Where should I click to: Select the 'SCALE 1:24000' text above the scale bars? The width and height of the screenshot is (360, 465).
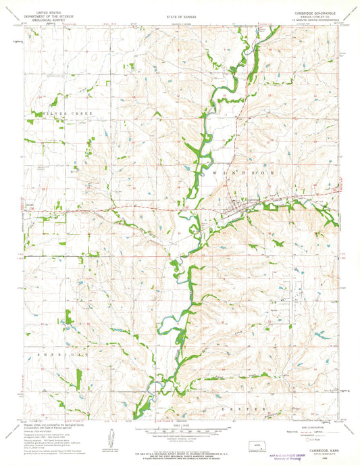pyautogui.click(x=181, y=424)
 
